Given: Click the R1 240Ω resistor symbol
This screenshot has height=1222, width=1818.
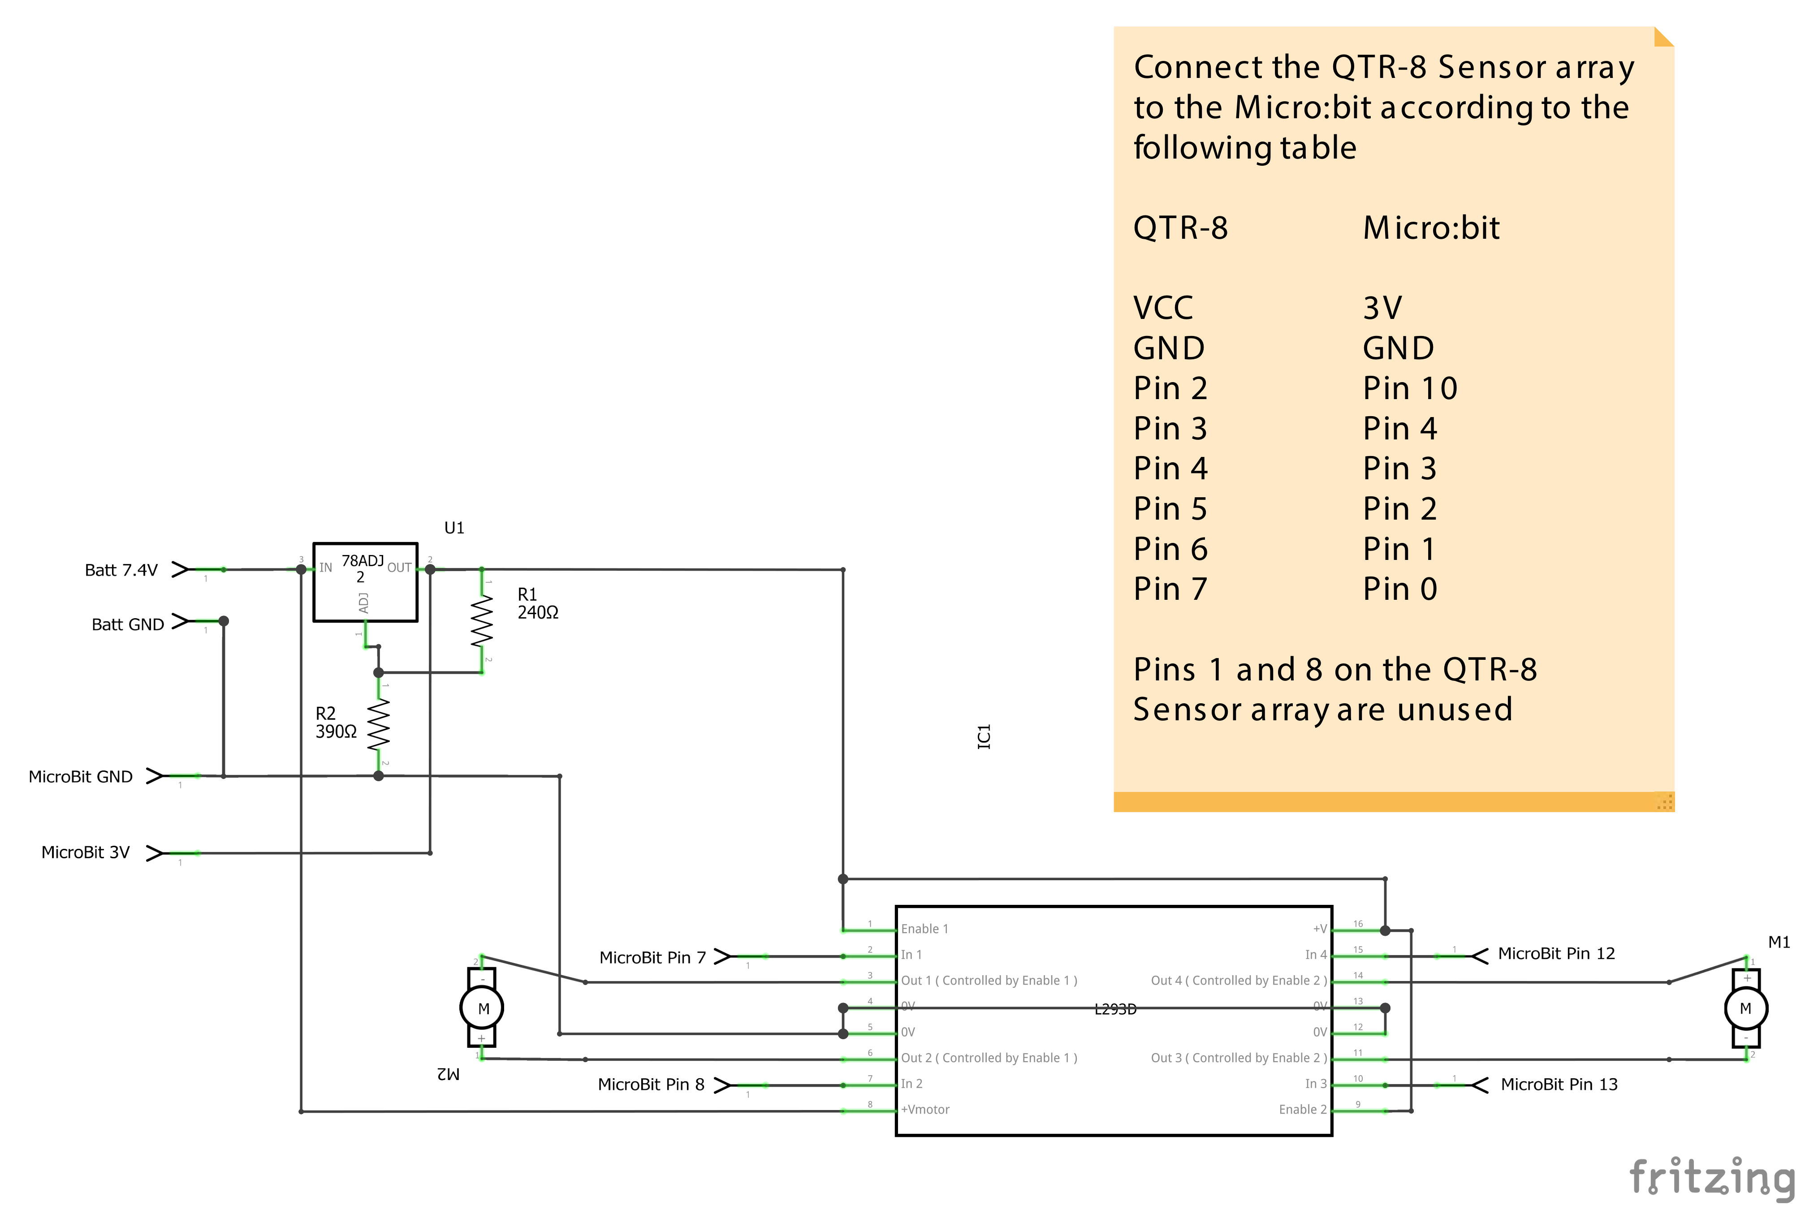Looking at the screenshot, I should pyautogui.click(x=482, y=621).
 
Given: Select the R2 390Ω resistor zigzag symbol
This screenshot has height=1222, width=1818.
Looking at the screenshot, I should pyautogui.click(x=379, y=724).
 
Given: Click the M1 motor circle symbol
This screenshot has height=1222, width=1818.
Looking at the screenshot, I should pyautogui.click(x=1745, y=1008).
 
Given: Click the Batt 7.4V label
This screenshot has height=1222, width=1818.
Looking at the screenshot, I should pyautogui.click(x=121, y=570).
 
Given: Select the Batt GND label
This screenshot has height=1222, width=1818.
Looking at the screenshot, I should pyautogui.click(x=128, y=624).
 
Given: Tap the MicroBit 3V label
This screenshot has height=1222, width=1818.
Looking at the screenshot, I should pyautogui.click(x=86, y=852).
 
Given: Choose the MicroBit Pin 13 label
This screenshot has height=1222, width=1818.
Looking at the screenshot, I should pyautogui.click(x=1559, y=1084).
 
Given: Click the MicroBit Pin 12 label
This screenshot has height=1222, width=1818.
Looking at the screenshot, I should pyautogui.click(x=1556, y=953).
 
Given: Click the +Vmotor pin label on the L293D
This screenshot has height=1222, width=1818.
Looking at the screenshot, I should pyautogui.click(x=925, y=1109).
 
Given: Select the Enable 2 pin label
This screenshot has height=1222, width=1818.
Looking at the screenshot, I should pyautogui.click(x=1302, y=1109).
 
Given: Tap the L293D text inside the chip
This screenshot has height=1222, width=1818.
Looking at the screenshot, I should pyautogui.click(x=1115, y=1009).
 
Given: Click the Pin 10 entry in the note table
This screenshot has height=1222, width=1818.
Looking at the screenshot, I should pyautogui.click(x=1409, y=388).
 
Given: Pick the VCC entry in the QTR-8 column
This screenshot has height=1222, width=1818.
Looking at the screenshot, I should pyautogui.click(x=1162, y=308).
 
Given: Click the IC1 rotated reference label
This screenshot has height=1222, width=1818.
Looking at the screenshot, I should pyautogui.click(x=984, y=736).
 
